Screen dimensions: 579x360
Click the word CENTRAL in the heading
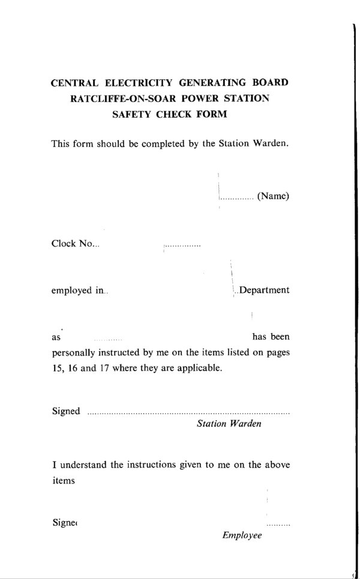click(x=74, y=83)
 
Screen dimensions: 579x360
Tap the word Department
click(x=264, y=290)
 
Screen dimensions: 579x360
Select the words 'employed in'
click(x=77, y=291)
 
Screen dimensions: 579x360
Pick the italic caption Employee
click(x=242, y=535)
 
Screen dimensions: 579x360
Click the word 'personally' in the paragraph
click(x=74, y=353)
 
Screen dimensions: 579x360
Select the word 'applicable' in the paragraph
click(x=200, y=368)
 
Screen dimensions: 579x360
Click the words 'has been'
click(x=272, y=337)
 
